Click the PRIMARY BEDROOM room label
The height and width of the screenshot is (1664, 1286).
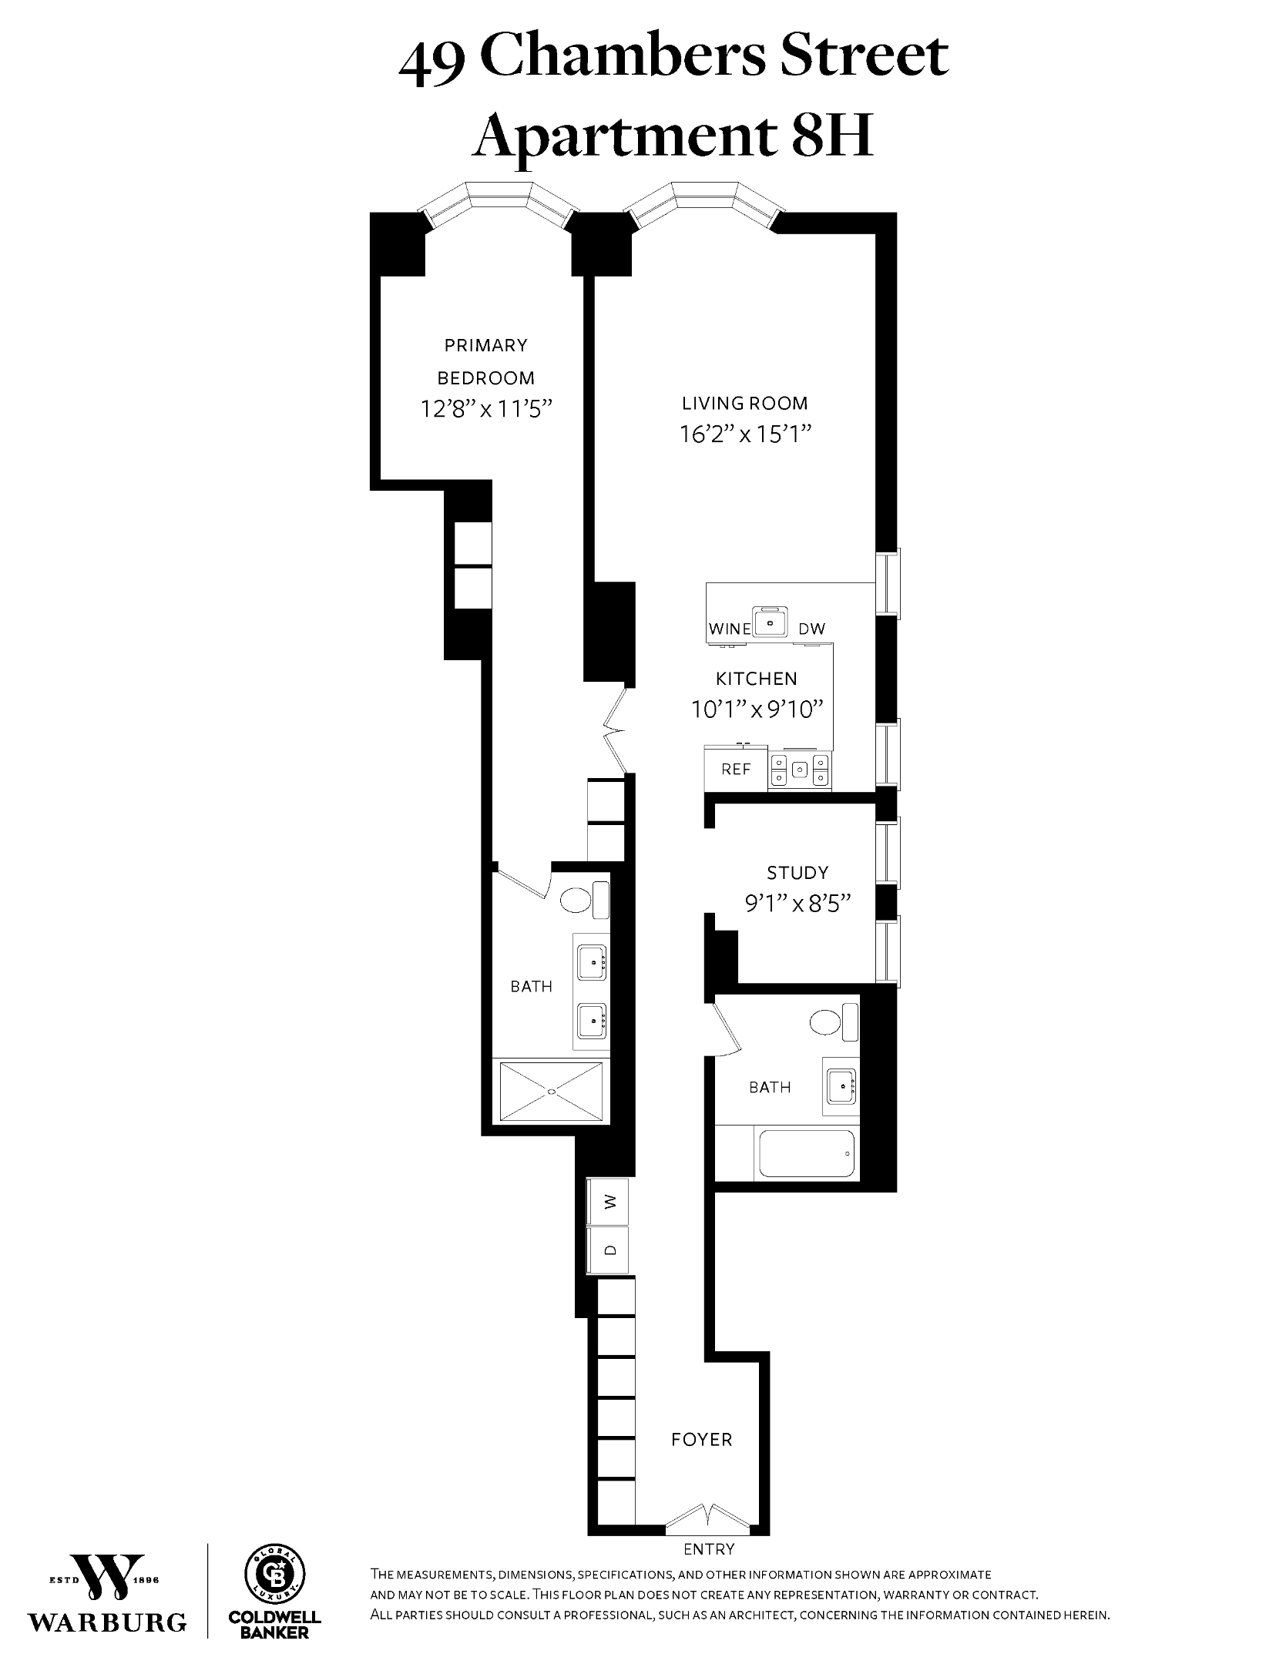(485, 361)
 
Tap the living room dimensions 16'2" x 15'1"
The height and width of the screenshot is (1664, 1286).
(745, 435)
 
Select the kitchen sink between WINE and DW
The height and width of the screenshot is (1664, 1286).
(769, 622)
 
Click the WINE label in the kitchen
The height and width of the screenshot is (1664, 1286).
(729, 629)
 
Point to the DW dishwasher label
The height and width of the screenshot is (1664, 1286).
(811, 629)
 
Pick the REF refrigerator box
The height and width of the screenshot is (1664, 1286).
(736, 769)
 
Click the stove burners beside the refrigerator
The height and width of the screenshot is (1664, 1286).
(801, 769)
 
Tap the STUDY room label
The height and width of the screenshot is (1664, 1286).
(797, 873)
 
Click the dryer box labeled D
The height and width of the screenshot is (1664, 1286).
(609, 1251)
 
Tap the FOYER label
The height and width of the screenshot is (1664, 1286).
(701, 1439)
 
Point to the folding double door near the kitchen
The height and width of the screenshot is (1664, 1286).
(616, 730)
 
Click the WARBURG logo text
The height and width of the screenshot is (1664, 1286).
(107, 1622)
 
